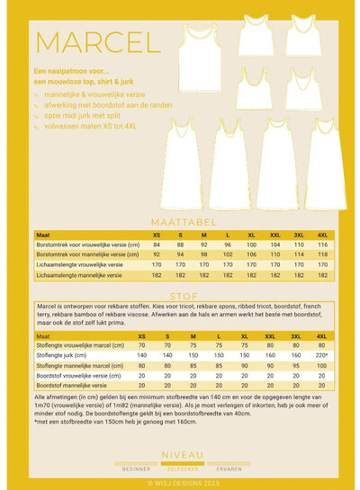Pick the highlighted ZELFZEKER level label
[180, 468]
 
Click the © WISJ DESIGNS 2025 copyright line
[180, 481]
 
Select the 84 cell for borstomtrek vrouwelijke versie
[157, 245]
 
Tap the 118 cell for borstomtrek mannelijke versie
[321, 255]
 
